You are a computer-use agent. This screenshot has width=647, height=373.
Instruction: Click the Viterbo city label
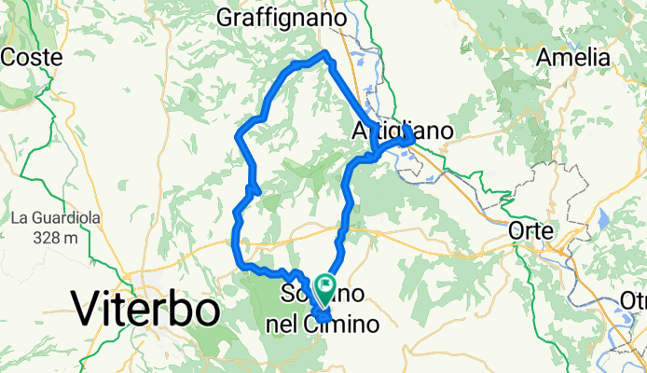pos(145,309)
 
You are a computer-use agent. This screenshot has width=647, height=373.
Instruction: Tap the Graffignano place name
pos(282,18)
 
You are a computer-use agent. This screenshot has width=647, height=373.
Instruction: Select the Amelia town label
pos(573,57)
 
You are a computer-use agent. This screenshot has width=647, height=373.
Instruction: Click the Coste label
pos(32,57)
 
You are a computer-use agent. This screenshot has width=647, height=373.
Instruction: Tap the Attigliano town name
pos(403,131)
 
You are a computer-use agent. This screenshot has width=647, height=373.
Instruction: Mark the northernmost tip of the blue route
pos(325,54)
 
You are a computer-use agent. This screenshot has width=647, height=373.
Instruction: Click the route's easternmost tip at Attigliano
pos(411,139)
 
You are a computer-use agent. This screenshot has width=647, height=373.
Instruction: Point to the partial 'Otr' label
pos(634,300)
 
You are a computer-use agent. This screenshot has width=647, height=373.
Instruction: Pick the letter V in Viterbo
pos(87,309)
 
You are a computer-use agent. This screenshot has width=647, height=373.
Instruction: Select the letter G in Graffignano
pos(225,18)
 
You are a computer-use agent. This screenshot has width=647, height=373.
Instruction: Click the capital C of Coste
pos(9,57)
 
